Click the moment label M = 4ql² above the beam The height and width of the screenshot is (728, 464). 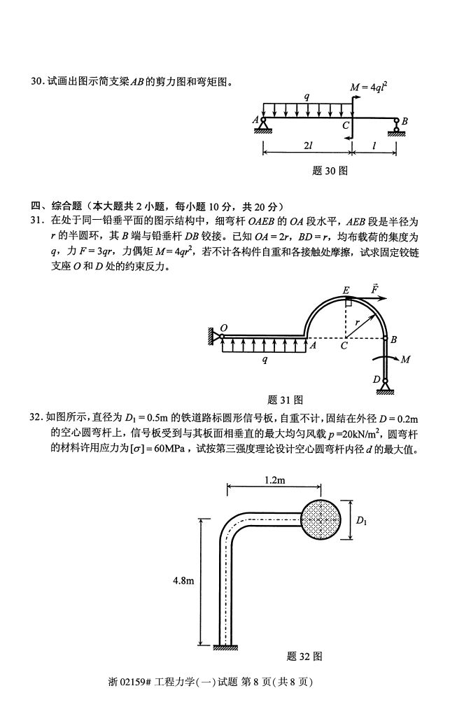coord(369,87)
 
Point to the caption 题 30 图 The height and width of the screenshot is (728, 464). coord(330,170)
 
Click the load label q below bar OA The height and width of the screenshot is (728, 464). coord(264,359)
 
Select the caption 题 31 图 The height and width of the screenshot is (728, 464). coord(285,400)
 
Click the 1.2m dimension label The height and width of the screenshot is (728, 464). coord(275,481)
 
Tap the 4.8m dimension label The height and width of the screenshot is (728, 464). coord(183,580)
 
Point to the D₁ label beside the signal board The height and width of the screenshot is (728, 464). coord(361,520)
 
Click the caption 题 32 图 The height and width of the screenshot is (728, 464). coord(304,656)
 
